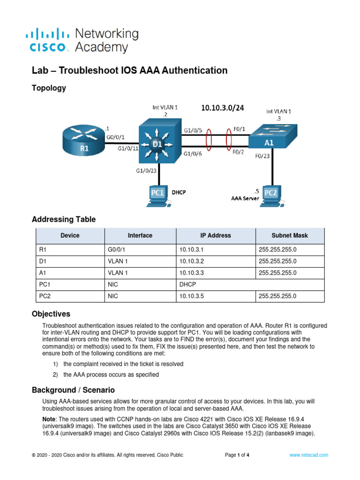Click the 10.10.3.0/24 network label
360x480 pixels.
(223, 108)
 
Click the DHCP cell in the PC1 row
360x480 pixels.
(187, 284)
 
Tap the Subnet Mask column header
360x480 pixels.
(290, 235)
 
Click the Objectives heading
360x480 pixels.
(51, 314)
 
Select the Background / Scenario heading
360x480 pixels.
(73, 390)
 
